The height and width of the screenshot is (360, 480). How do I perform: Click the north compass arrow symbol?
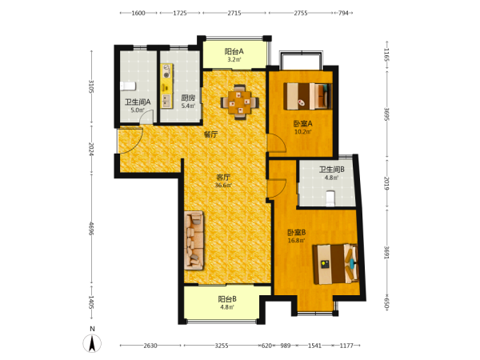tap(92, 343)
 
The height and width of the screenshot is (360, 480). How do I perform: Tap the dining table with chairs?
tap(240, 102)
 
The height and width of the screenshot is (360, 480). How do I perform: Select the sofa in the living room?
tap(194, 240)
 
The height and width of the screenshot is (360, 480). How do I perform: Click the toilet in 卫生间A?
tap(128, 86)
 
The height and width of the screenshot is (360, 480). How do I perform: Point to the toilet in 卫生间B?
tap(330, 198)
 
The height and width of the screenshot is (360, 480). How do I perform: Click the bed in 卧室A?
tap(308, 96)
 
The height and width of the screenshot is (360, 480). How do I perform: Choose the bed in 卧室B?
tap(335, 264)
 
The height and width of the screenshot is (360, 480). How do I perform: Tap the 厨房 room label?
tap(188, 98)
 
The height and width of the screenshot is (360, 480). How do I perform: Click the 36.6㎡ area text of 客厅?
tap(223, 186)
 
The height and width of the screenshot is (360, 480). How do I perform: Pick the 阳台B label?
tap(227, 298)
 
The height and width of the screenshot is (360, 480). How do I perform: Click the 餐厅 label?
tap(211, 134)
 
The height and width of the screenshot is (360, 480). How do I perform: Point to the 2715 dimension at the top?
tap(234, 13)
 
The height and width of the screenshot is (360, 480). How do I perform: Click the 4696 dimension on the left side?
tap(91, 228)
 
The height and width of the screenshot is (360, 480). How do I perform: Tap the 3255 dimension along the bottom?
tap(222, 346)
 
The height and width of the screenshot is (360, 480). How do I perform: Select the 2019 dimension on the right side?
tap(386, 183)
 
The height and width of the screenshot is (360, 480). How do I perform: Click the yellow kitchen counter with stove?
tap(167, 86)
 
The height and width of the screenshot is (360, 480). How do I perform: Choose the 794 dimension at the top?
tap(343, 13)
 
